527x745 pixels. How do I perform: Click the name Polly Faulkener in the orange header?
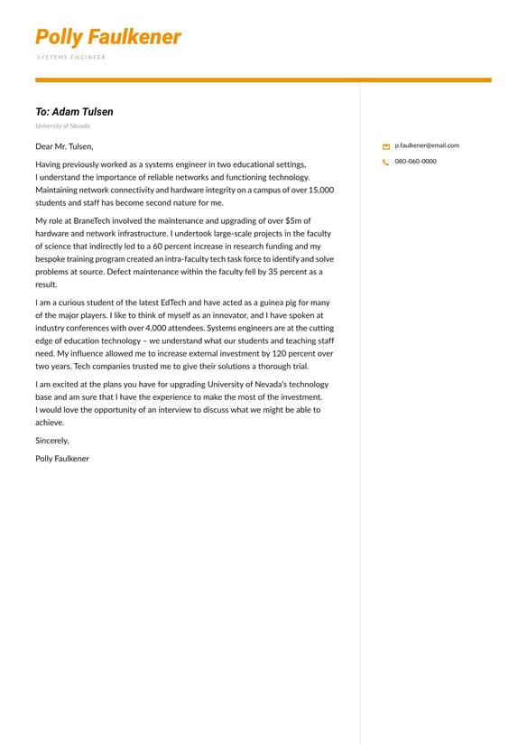point(107,37)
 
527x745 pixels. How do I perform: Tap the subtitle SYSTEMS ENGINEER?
point(71,57)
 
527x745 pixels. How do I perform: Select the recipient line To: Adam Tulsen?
point(74,112)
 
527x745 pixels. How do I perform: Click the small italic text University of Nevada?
point(62,126)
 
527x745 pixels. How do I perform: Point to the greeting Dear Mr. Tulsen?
point(64,146)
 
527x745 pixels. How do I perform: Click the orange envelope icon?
point(386,146)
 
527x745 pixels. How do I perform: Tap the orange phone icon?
point(386,163)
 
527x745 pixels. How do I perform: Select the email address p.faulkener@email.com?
point(427,145)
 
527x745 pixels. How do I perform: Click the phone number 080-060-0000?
point(415,162)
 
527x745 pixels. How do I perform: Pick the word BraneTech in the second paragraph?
point(90,220)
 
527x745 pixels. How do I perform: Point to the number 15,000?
point(320,191)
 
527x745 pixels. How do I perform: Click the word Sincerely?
point(52,441)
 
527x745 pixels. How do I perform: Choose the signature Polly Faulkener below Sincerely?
point(62,459)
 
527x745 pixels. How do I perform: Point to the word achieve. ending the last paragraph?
point(50,423)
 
